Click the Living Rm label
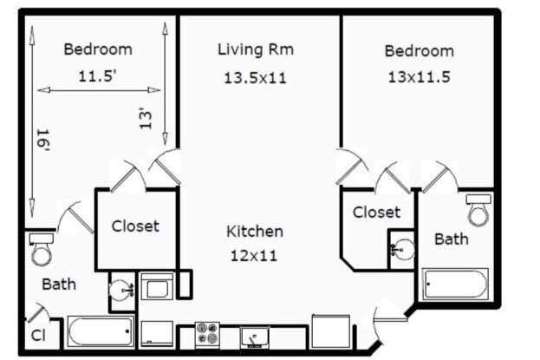[x=256, y=49]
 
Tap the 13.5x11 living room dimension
[x=256, y=78]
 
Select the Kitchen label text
[x=255, y=232]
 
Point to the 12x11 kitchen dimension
[x=255, y=257]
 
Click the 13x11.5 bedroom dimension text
[x=419, y=76]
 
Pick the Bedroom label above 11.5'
[x=98, y=49]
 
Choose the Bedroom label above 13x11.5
[x=419, y=51]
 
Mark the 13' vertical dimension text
[x=148, y=118]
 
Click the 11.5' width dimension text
[x=97, y=75]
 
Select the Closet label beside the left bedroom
[x=135, y=226]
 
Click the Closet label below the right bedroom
[x=376, y=212]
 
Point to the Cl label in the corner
[x=38, y=336]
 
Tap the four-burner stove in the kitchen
[x=207, y=334]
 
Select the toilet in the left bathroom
[x=41, y=249]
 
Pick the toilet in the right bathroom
[x=478, y=209]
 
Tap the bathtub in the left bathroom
[x=101, y=331]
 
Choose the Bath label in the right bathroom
[x=451, y=239]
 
